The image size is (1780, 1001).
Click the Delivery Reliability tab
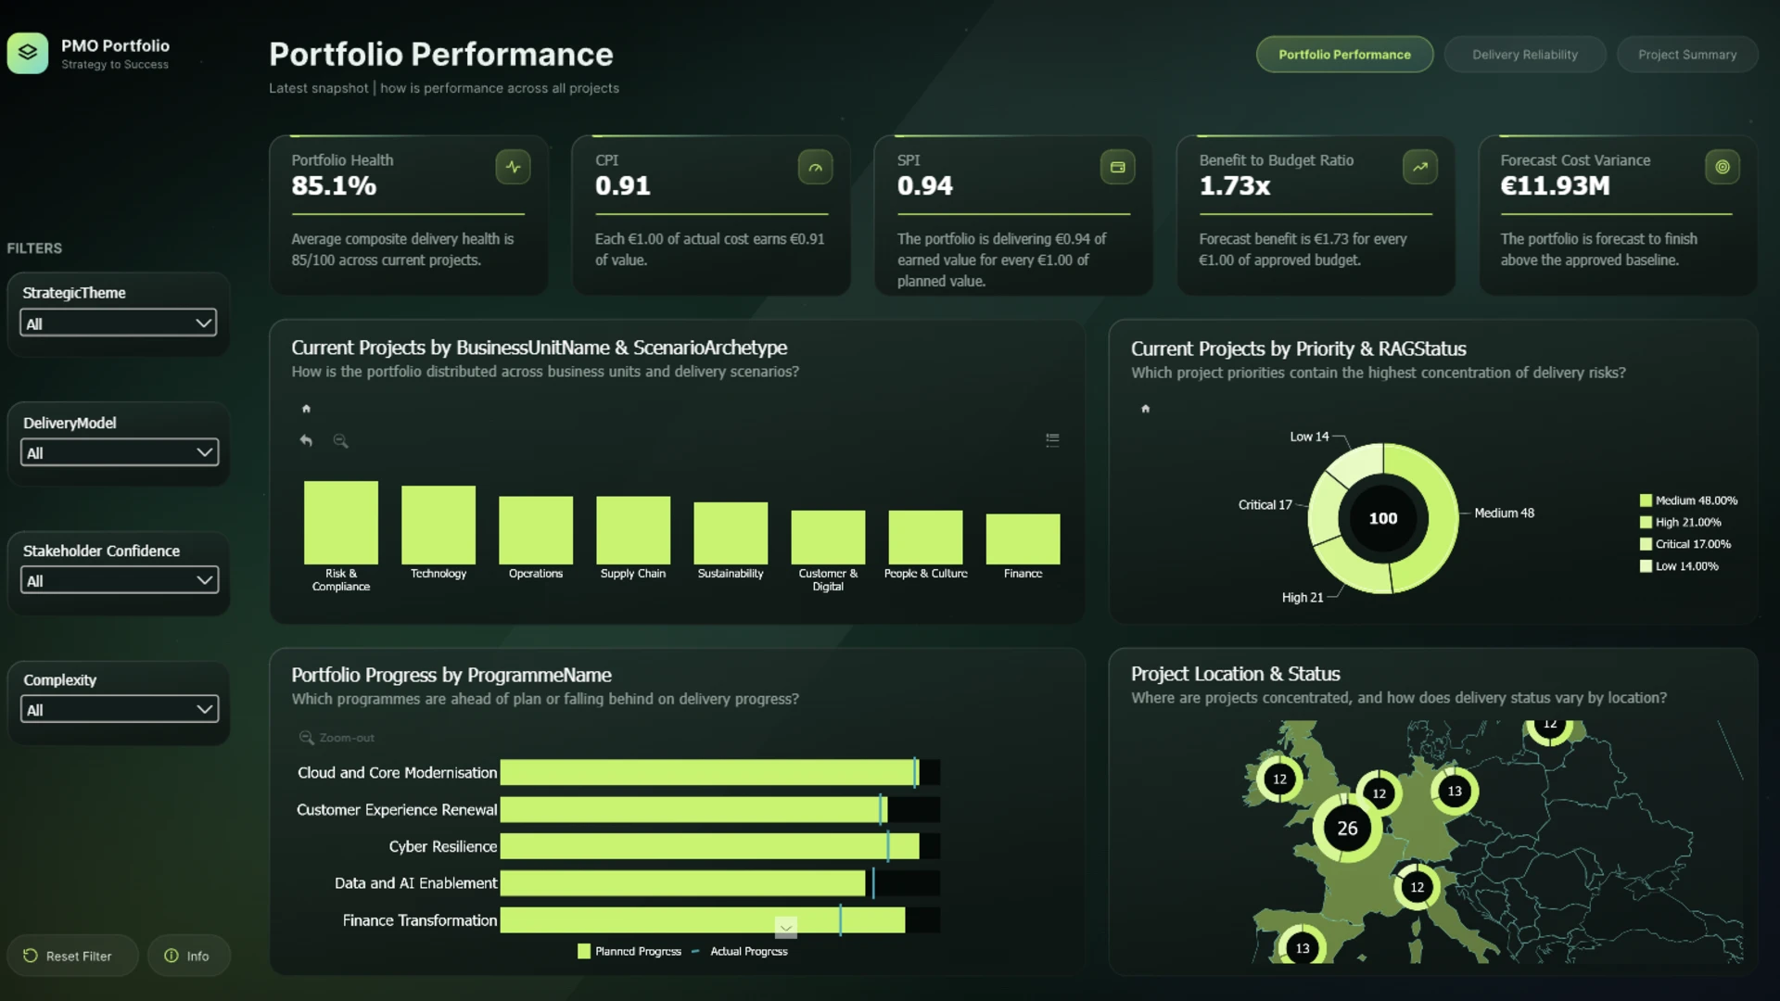(x=1524, y=55)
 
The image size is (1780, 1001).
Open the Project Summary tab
(x=1687, y=55)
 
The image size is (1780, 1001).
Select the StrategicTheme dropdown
(x=119, y=323)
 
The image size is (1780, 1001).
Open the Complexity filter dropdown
(x=119, y=710)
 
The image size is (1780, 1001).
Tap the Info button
(x=188, y=956)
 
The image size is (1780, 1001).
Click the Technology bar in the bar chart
(x=439, y=525)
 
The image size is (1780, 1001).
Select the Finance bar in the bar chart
(x=1023, y=539)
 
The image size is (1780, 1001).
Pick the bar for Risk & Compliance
(x=341, y=522)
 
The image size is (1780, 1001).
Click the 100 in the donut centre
(x=1383, y=518)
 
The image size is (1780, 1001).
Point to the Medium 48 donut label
(x=1504, y=513)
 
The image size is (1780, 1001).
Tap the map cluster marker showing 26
(x=1347, y=828)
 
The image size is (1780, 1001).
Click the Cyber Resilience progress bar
(x=710, y=846)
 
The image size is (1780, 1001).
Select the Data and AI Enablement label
(x=415, y=883)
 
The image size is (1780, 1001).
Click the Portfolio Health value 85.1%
(x=334, y=186)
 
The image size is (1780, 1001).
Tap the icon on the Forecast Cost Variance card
(x=1722, y=167)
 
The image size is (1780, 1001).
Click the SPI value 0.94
(x=924, y=186)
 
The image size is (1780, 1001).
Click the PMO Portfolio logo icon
(x=28, y=53)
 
